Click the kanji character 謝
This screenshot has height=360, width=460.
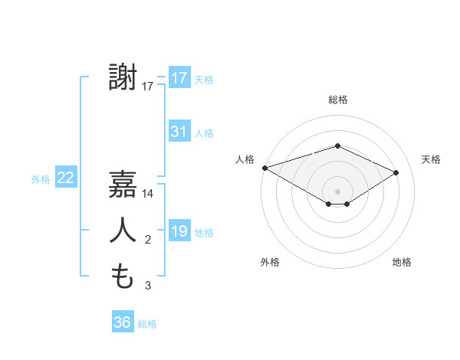click(123, 78)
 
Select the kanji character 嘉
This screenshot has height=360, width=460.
click(123, 185)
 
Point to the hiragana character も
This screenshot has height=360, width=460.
click(123, 277)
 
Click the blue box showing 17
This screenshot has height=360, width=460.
click(179, 78)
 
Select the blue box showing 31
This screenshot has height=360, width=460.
click(179, 132)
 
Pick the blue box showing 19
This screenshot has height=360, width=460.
click(179, 231)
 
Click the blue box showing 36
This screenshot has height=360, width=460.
click(123, 322)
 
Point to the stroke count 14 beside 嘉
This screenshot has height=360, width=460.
click(148, 194)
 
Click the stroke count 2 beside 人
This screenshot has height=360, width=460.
click(148, 241)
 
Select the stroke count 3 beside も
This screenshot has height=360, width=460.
click(148, 286)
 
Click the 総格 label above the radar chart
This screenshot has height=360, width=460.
click(338, 100)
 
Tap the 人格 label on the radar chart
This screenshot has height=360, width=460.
click(245, 159)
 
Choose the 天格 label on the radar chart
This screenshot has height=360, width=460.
click(432, 159)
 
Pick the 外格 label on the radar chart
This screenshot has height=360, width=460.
click(270, 262)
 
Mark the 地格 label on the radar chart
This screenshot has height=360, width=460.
click(402, 262)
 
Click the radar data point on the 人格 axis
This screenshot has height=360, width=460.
click(264, 167)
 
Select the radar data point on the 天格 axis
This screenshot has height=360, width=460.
click(396, 172)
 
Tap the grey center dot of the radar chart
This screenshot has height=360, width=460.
click(338, 191)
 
